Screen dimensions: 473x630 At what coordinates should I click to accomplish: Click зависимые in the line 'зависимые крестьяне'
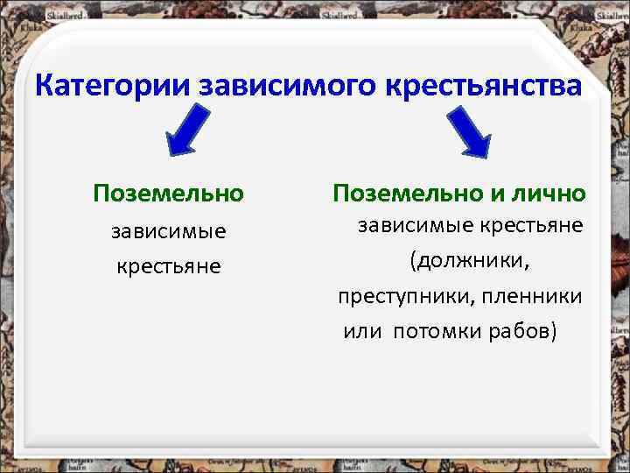click(x=410, y=226)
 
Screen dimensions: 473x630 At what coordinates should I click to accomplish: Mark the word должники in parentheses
click(x=473, y=261)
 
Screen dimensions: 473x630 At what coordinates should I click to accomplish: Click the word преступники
click(x=402, y=297)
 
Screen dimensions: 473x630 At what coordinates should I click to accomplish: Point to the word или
click(x=363, y=333)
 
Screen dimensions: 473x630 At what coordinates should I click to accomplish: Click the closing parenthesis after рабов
click(x=553, y=333)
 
